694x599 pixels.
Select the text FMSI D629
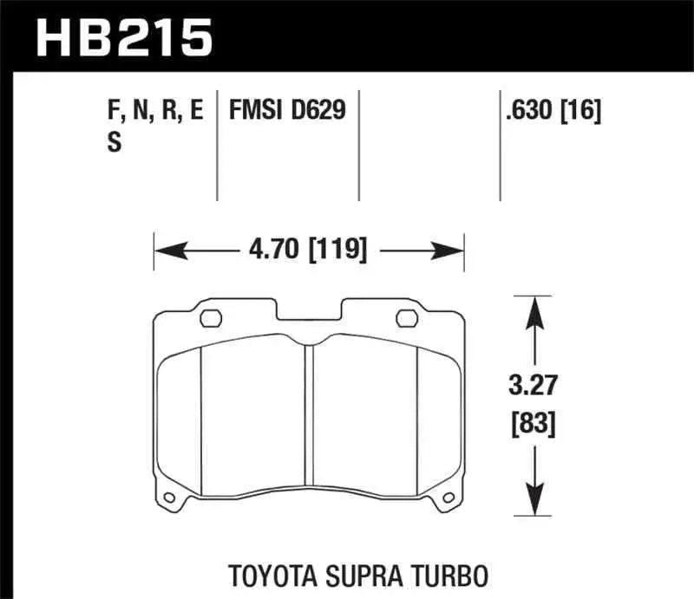[286, 111]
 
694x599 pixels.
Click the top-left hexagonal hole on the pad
[210, 318]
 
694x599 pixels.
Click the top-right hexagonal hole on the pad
[406, 318]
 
